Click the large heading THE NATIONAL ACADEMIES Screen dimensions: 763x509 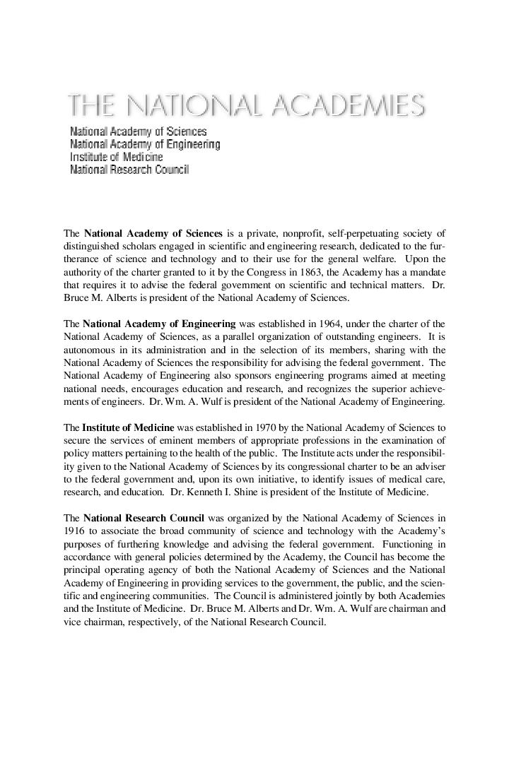click(x=246, y=105)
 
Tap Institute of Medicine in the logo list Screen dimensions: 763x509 click(x=116, y=157)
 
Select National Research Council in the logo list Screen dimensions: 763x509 click(x=129, y=170)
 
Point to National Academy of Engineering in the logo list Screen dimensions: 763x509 click(x=145, y=144)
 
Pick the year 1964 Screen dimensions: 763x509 click(x=327, y=324)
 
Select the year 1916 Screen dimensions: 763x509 click(x=74, y=529)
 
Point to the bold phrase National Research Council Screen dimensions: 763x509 click(x=144, y=516)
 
